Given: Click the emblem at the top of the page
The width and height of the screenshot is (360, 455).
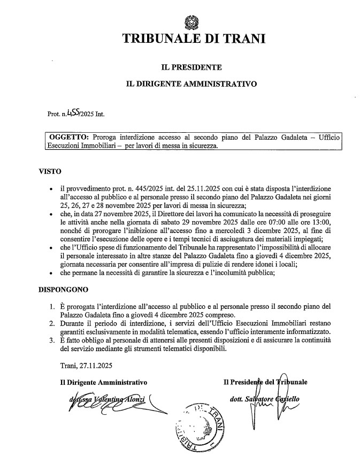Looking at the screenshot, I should coord(190,23).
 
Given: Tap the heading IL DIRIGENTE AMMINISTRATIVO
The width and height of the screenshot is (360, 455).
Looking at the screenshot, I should coord(191,84).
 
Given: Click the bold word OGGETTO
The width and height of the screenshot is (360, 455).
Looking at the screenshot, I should coord(66,138).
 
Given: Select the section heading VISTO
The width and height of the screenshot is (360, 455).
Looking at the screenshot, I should coord(50,172).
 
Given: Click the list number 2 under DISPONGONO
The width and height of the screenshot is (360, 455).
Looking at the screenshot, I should coord(51,324).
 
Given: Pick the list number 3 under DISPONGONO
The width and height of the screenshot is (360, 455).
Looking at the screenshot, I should coord(51,340).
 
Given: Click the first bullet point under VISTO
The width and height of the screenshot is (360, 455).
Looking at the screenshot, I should coord(50,189).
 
